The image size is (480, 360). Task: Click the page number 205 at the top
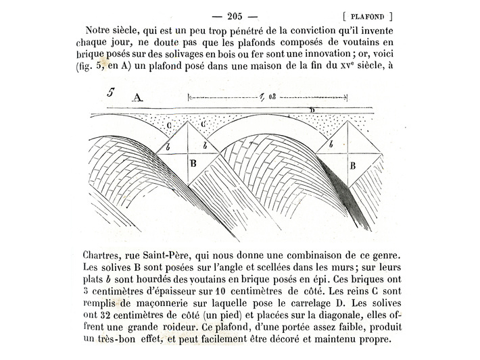click(235, 16)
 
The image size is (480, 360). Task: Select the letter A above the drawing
click(138, 97)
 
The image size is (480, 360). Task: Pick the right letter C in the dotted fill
click(202, 124)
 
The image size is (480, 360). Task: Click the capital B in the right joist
click(352, 164)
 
